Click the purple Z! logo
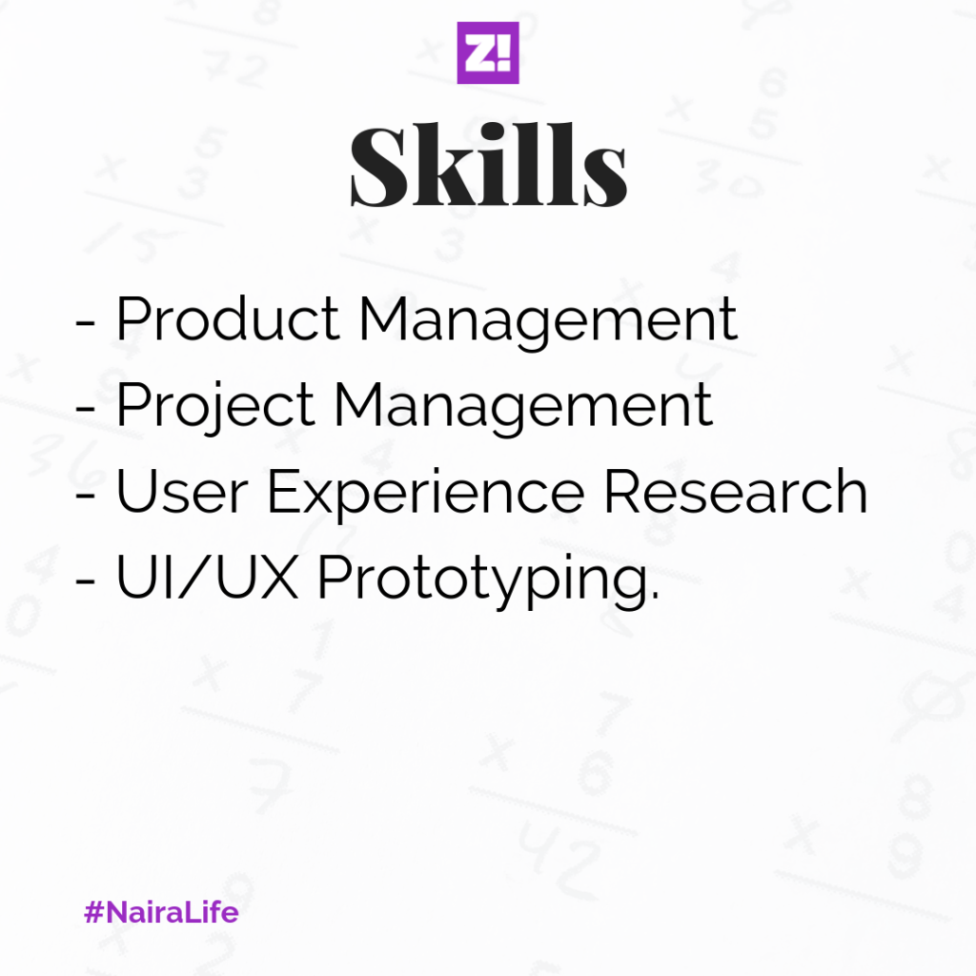point(488,53)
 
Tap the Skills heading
point(489,165)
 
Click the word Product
point(228,318)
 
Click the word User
point(182,491)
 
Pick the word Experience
point(426,495)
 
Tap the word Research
point(736,491)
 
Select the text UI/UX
point(207,577)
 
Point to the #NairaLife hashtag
point(161,912)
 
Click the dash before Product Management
point(85,323)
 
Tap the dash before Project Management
point(85,409)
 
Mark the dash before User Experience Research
point(85,495)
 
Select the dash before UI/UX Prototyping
point(85,580)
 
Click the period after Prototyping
point(654,597)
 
